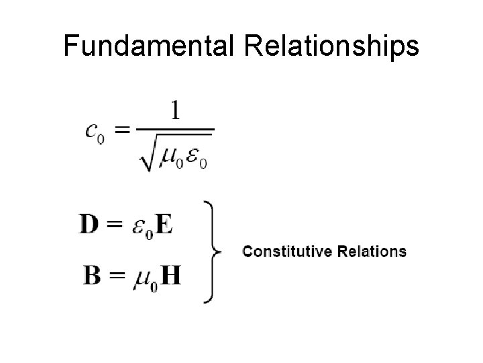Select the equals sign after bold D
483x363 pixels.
(115, 225)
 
